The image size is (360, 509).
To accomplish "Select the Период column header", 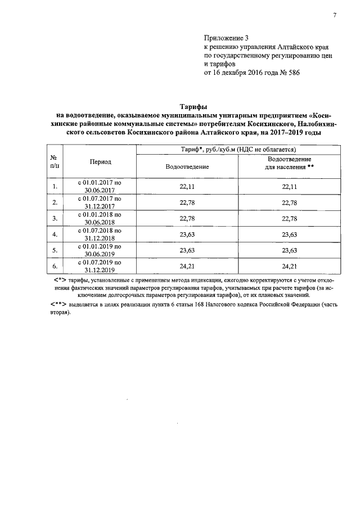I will (101, 161).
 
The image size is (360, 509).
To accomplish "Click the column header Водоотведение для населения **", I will (289, 163).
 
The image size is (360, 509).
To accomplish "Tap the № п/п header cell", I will (55, 161).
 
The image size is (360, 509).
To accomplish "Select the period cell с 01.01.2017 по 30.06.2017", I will (100, 186).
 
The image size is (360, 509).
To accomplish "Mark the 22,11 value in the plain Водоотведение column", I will (187, 186).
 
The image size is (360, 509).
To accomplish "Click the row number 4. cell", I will (55, 233).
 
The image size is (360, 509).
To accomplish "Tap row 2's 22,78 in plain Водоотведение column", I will (187, 202).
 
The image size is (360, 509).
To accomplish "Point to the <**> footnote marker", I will (59, 304).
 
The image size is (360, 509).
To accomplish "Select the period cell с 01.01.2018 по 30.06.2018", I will (100, 218).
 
